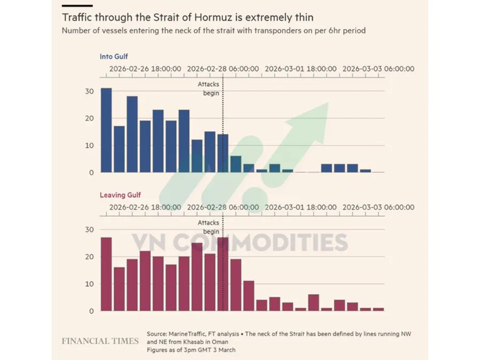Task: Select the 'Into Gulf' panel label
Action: click(114, 56)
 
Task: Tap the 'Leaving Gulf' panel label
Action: click(121, 195)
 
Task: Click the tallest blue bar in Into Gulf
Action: click(106, 130)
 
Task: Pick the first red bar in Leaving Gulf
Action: click(106, 274)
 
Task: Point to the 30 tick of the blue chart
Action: click(89, 92)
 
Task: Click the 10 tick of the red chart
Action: click(89, 284)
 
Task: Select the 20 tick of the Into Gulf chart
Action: click(89, 118)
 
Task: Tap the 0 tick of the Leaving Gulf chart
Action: click(91, 310)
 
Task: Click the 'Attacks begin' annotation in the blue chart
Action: click(209, 89)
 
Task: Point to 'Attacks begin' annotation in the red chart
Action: click(209, 227)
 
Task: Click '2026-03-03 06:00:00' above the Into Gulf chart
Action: click(378, 69)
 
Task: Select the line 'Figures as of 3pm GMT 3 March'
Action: click(191, 350)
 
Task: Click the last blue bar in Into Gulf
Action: click(365, 171)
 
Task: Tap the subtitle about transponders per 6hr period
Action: click(213, 30)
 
